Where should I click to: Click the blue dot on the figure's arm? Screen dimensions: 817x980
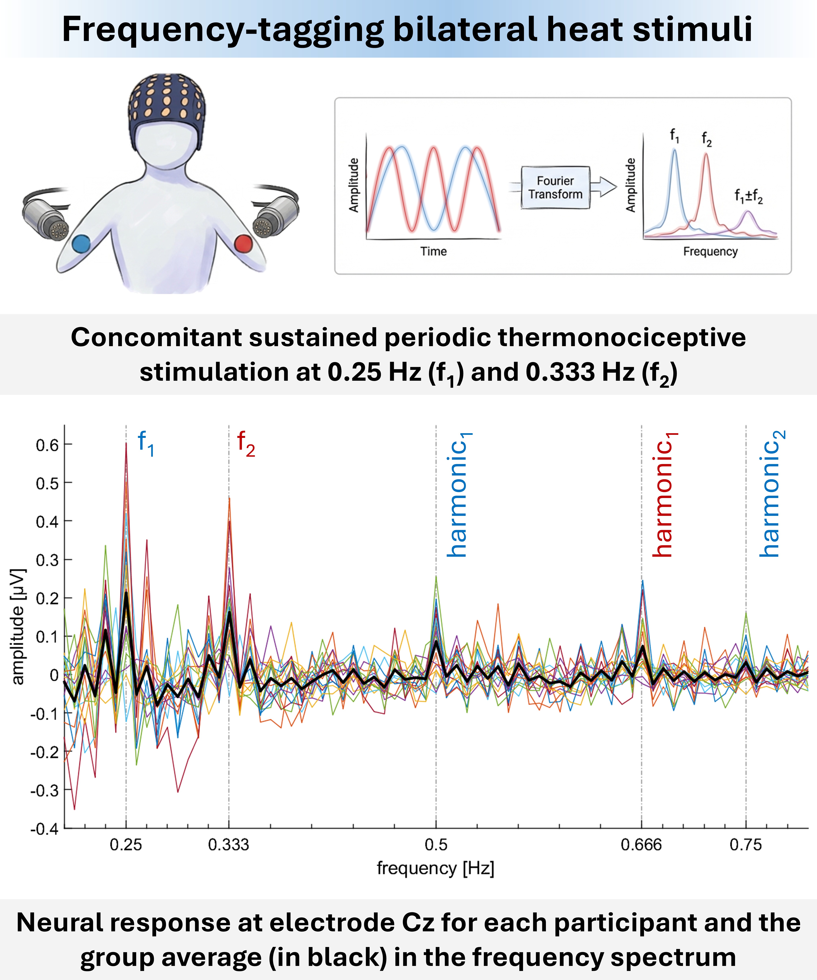tap(81, 244)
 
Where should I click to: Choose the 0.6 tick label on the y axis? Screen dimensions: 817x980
tap(47, 445)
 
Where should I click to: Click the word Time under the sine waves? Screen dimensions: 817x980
tap(433, 252)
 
